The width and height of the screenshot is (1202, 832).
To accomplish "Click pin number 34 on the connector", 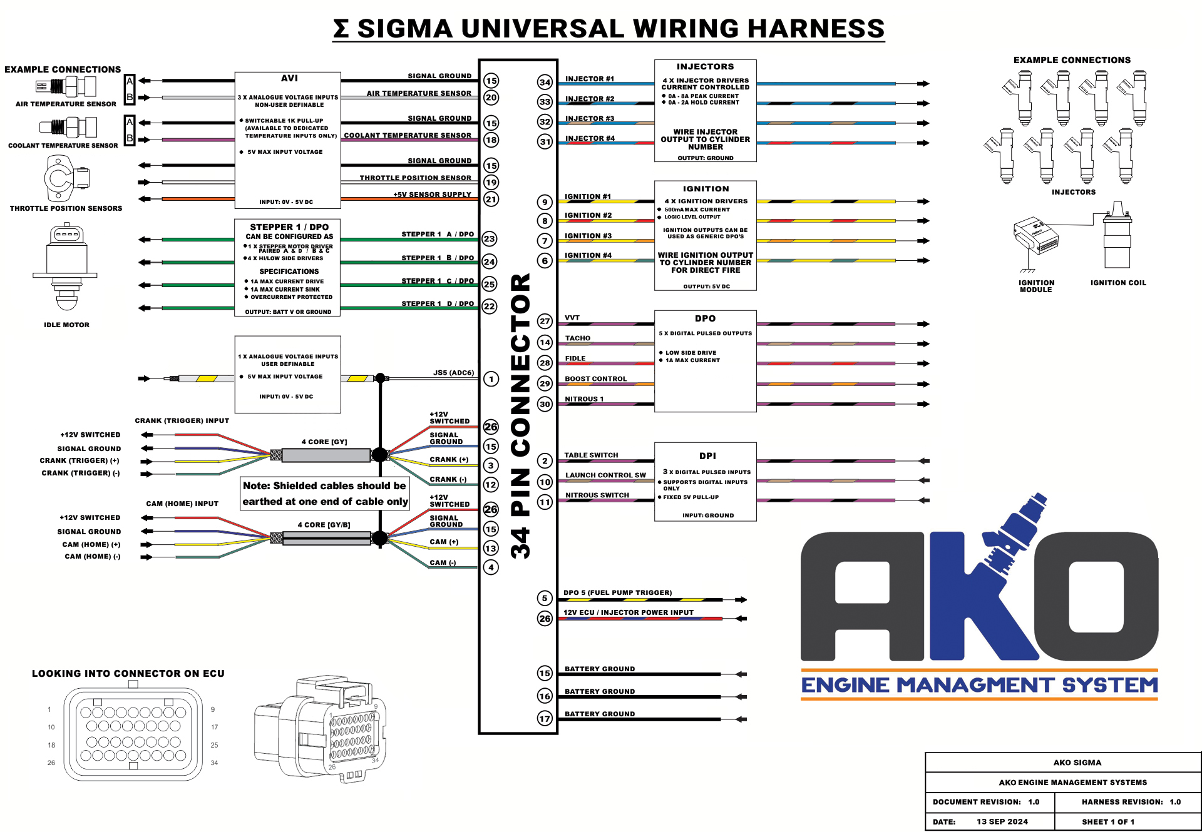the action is click(x=545, y=82).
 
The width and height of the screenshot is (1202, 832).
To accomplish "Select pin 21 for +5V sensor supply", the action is click(x=491, y=200).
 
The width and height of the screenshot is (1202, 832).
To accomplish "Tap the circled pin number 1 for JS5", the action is click(x=491, y=379).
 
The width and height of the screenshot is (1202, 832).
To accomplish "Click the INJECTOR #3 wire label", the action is click(x=590, y=118).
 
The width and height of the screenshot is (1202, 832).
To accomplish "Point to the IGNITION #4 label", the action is click(x=588, y=255).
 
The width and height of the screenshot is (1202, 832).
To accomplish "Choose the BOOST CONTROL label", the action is click(x=595, y=379).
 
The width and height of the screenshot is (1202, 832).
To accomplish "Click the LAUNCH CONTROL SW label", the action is click(x=605, y=475).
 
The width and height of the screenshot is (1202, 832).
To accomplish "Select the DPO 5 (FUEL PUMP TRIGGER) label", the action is click(x=617, y=592).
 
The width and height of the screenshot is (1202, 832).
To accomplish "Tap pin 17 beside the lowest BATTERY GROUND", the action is click(x=545, y=719).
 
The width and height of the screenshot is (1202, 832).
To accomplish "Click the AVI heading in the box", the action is click(x=289, y=78).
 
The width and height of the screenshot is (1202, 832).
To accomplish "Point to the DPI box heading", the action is click(x=707, y=456).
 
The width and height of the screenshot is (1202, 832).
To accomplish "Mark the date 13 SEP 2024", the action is click(x=1002, y=821).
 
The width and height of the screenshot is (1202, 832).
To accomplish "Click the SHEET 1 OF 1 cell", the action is click(x=1108, y=821).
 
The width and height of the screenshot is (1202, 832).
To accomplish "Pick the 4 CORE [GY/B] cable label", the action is click(x=324, y=525).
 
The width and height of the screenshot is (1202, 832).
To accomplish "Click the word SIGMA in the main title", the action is click(x=404, y=28).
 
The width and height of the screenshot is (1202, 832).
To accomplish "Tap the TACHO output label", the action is click(x=577, y=338).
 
